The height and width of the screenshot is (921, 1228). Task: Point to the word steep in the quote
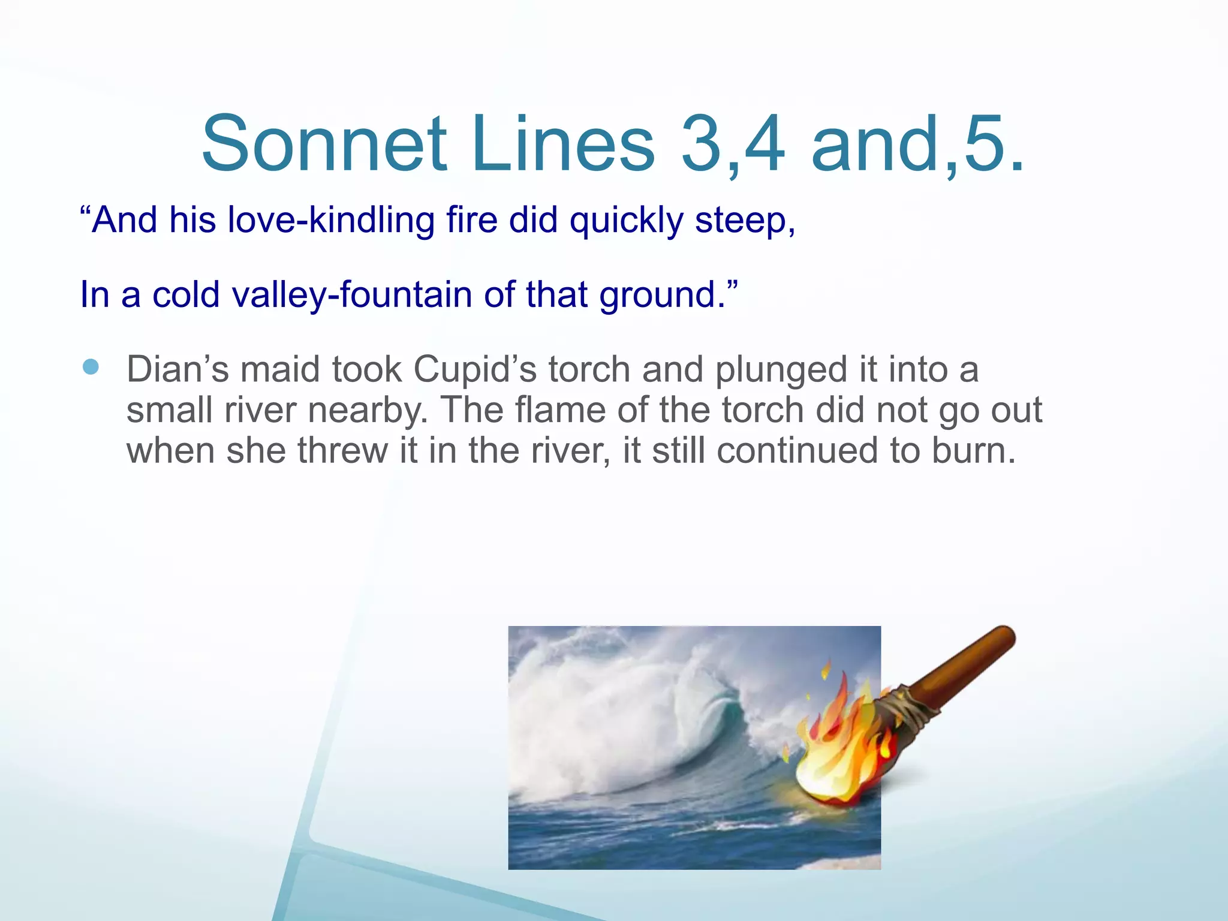pos(740,220)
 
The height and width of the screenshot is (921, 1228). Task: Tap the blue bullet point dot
pos(91,366)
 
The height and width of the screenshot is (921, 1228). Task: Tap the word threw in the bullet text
pos(342,450)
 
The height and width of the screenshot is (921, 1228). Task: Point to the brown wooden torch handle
pos(965,666)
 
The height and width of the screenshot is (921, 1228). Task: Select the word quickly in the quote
pos(626,220)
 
